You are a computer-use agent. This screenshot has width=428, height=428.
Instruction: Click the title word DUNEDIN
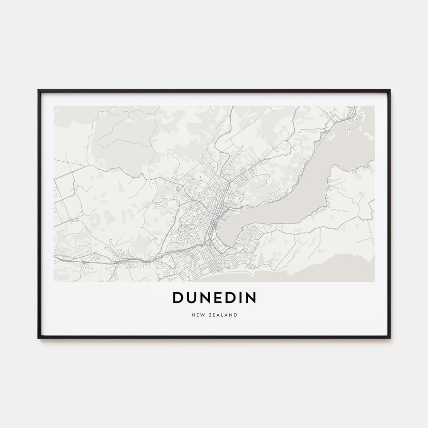click(214, 298)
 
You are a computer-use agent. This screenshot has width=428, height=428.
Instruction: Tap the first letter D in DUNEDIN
click(177, 298)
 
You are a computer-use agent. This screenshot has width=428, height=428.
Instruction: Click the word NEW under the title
click(197, 315)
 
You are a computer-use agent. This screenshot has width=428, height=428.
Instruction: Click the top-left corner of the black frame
click(39, 90)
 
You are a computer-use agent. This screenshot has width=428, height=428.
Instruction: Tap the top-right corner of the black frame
click(389, 90)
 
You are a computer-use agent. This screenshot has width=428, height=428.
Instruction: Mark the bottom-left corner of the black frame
click(39, 338)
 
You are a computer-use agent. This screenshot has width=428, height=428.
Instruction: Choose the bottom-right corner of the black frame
click(389, 338)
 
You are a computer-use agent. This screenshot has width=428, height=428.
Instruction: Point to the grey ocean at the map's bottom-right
click(342, 269)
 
